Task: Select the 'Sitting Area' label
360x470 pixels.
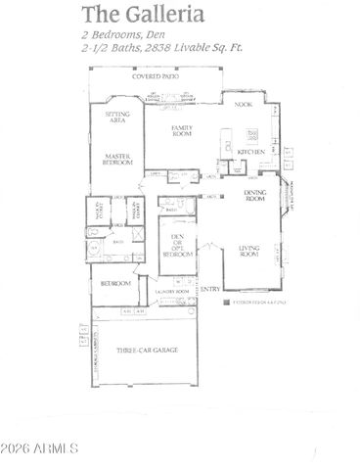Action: (x=116, y=117)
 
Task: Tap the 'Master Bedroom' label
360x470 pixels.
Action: (x=117, y=161)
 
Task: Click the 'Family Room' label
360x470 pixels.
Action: (x=181, y=130)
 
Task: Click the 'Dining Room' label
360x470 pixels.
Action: (x=255, y=198)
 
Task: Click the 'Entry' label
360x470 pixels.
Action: (x=210, y=289)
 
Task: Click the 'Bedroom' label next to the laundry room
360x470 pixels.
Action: (x=112, y=283)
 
